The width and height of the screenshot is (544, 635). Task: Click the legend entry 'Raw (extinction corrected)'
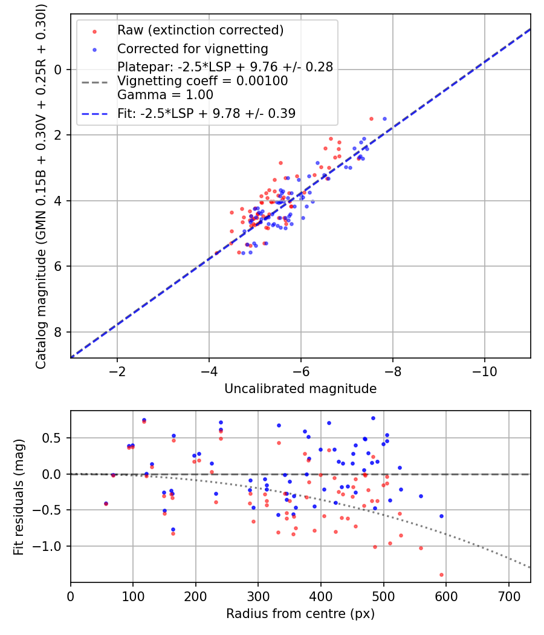click(200, 30)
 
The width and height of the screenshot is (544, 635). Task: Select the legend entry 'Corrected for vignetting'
click(192, 48)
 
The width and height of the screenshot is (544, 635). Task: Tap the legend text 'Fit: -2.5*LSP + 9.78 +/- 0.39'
click(206, 113)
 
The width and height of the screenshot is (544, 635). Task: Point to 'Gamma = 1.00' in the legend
click(165, 94)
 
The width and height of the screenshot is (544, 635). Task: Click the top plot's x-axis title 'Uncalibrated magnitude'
click(300, 389)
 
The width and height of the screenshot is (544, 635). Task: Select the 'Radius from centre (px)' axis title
click(300, 614)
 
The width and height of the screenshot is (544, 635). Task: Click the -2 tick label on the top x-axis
click(117, 371)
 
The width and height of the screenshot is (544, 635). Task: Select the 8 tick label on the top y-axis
click(58, 332)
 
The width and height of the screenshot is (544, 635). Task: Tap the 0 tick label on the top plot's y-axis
click(58, 70)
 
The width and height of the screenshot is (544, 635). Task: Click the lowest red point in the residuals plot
click(441, 575)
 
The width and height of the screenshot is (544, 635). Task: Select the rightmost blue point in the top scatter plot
click(384, 119)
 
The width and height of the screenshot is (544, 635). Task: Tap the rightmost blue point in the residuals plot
click(441, 516)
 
